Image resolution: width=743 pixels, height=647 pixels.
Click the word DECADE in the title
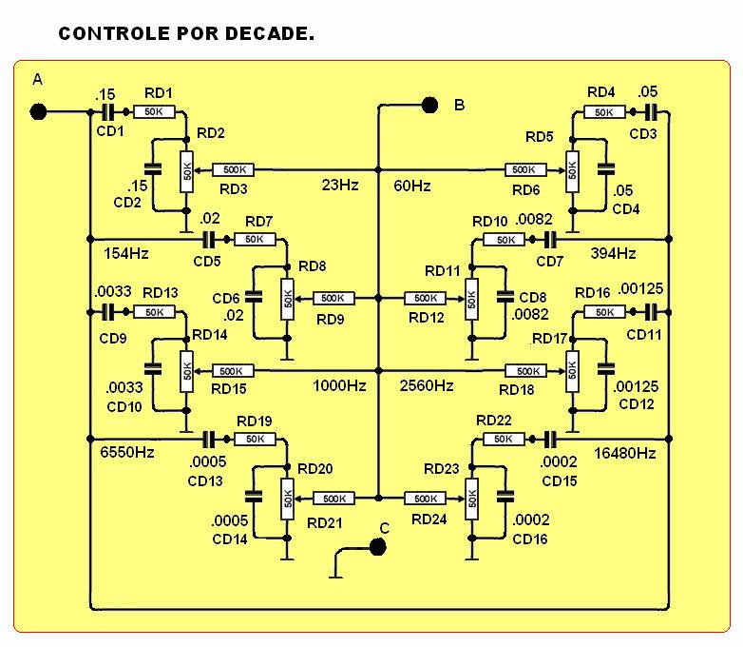coord(269,33)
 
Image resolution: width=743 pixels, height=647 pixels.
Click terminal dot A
coord(38,112)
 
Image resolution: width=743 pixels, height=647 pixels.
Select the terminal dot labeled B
coord(429,105)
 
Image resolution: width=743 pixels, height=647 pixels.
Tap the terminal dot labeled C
coord(377,547)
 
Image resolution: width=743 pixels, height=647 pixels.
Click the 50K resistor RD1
coord(155,112)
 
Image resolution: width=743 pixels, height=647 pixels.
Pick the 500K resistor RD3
coord(233,169)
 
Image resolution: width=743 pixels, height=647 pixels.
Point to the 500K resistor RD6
coord(526,169)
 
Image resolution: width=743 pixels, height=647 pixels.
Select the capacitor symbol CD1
coord(108,112)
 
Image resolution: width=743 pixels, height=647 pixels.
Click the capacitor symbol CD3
coord(652,112)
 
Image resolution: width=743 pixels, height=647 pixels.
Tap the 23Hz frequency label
coord(340,185)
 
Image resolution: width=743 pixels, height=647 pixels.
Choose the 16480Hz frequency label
coord(625,453)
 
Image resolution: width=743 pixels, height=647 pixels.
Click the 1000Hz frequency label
coord(339,385)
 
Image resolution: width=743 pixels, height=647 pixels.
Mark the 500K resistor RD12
coord(425,298)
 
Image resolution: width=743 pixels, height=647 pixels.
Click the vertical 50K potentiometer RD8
coord(287,299)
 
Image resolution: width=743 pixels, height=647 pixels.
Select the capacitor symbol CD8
coord(505,297)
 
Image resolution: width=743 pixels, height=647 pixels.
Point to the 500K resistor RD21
coord(333,499)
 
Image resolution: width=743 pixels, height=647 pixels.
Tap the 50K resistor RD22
coord(504,439)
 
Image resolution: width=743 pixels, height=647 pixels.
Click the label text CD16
coord(530,539)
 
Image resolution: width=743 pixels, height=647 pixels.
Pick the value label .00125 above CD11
coord(640,288)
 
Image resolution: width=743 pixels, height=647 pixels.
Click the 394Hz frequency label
coord(613,253)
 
